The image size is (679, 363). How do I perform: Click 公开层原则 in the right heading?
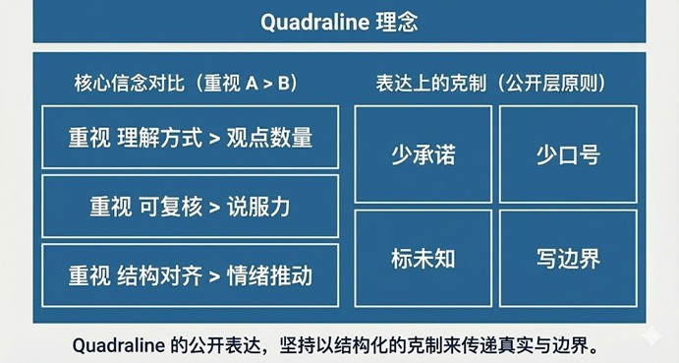[x=556, y=83]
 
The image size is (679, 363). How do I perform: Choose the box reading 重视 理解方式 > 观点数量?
[x=191, y=137]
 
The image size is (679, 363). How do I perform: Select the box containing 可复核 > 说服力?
[x=191, y=207]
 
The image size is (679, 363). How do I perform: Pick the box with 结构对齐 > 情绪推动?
[x=191, y=274]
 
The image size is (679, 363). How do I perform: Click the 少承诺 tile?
[x=423, y=155]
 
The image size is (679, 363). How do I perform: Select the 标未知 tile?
[x=423, y=259]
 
